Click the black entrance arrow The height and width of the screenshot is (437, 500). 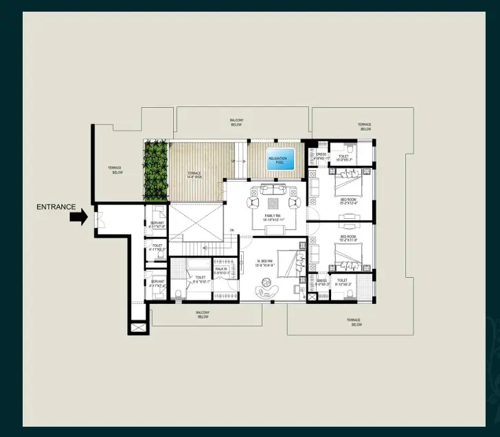(78, 217)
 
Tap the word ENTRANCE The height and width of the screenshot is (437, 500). (56, 206)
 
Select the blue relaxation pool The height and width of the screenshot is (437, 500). (281, 161)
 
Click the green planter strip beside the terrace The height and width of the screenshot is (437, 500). (157, 172)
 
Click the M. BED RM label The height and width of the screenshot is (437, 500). (266, 262)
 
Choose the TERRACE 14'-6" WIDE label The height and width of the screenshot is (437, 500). (194, 175)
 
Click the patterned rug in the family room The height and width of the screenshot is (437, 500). (273, 203)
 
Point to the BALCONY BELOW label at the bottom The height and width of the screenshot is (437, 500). (203, 314)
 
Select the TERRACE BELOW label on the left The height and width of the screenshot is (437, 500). (117, 170)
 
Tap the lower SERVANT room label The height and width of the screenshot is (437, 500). (157, 283)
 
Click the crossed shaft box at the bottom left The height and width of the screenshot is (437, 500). (137, 329)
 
